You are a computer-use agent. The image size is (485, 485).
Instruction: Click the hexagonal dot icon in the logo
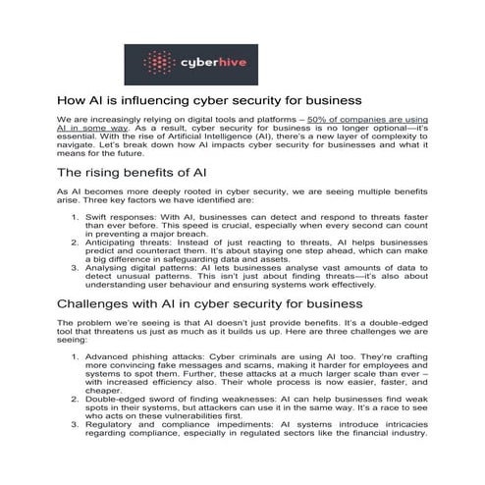[x=160, y=63]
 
